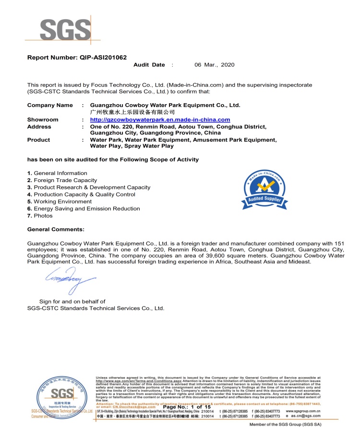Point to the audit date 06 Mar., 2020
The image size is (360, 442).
pyautogui.click(x=214, y=65)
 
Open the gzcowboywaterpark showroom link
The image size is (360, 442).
pyautogui.click(x=160, y=120)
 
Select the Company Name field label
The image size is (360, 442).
pyautogui.click(x=50, y=105)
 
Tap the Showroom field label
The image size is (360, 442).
pyautogui.click(x=43, y=120)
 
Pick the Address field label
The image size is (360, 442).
pyautogui.click(x=39, y=127)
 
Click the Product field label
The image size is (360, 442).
pyautogui.click(x=38, y=140)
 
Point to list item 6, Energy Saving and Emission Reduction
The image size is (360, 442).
pyautogui.click(x=84, y=209)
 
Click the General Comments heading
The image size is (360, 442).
pyautogui.click(x=56, y=230)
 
